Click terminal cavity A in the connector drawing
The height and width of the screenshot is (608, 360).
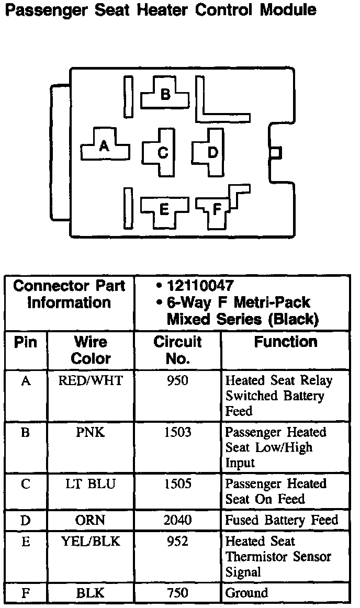(104, 146)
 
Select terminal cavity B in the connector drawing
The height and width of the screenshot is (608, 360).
(165, 94)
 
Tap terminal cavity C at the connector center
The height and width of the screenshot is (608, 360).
(163, 153)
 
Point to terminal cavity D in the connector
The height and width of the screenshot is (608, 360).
(212, 152)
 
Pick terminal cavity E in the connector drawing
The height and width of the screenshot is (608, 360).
(163, 210)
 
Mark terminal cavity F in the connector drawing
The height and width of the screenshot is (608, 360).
(216, 210)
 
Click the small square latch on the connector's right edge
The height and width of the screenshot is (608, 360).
(276, 152)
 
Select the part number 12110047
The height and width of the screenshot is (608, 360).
(200, 286)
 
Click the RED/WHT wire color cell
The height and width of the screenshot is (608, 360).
(91, 380)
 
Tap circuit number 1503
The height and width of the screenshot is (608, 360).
(177, 432)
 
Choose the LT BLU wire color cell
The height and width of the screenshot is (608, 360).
(91, 484)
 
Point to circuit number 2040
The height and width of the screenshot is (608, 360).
(177, 520)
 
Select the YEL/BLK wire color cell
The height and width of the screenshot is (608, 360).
(91, 542)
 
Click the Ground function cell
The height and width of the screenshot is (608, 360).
(246, 593)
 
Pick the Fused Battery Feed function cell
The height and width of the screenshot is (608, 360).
(282, 520)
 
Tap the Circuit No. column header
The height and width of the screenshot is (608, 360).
(177, 350)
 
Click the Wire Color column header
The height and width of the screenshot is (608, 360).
(91, 350)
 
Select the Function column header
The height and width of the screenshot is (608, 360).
(286, 342)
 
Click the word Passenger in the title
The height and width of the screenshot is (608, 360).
(45, 10)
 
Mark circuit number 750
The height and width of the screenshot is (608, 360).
(177, 593)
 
